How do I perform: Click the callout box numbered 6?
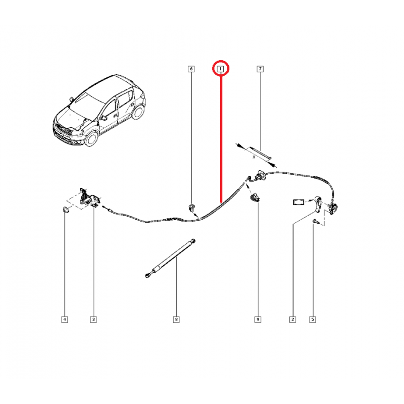coord(191,69)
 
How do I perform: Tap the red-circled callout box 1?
coord(220,69)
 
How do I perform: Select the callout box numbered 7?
coord(260,69)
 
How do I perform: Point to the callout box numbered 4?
coord(65,320)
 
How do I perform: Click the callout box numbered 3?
coord(93,320)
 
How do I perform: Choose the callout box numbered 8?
coord(176,320)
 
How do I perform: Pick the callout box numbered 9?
coord(258,320)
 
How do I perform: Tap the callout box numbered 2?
coord(292,320)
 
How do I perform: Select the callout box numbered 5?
coord(312,320)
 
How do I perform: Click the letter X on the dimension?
coord(254,157)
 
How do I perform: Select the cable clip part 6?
coord(191,208)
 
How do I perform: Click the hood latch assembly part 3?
coord(89,197)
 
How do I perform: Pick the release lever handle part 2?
coord(318,205)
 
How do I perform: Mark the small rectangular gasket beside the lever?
coord(298,202)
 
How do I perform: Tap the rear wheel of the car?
coord(138,112)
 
